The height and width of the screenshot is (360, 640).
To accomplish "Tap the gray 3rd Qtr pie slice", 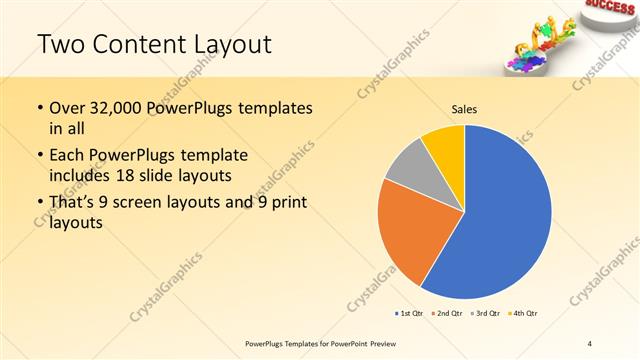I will (407, 165).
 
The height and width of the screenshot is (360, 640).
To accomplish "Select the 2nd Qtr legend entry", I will (447, 313).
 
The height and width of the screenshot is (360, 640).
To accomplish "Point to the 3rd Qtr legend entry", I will (485, 313).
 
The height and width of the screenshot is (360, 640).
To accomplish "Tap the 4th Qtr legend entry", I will (523, 313).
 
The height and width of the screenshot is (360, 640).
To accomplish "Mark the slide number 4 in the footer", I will (590, 344).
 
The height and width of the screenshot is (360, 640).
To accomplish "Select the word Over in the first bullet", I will (67, 108).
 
